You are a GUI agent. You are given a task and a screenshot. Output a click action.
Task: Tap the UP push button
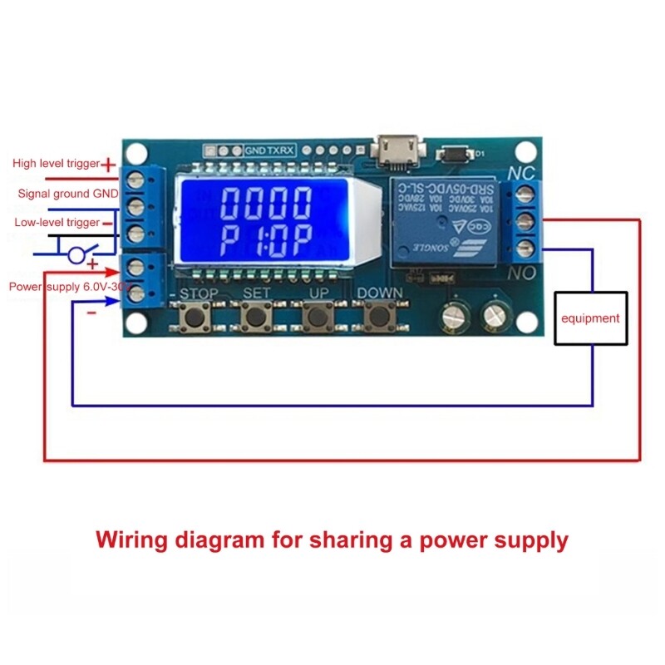tap(317, 317)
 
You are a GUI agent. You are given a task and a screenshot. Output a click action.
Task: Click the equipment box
tap(589, 318)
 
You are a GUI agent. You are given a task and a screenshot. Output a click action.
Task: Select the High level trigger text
tap(56, 164)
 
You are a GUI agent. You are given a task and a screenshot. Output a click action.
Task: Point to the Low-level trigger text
tap(57, 223)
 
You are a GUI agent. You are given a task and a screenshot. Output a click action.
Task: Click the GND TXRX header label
tap(268, 152)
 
